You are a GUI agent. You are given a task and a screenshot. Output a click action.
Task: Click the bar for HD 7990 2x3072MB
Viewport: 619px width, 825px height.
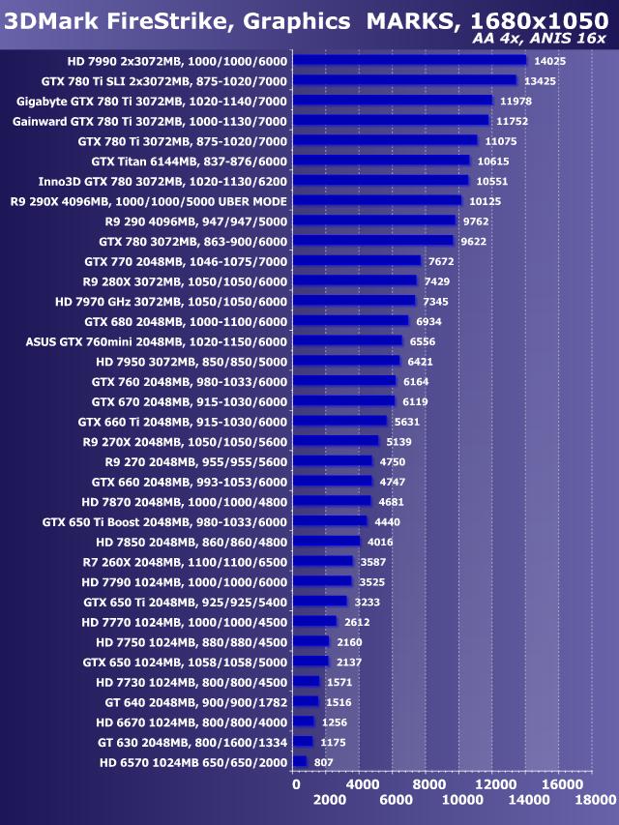[408, 60]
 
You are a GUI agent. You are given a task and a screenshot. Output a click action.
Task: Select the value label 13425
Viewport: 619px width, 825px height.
[539, 81]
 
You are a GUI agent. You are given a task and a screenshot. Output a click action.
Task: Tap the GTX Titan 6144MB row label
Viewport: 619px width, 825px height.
[189, 161]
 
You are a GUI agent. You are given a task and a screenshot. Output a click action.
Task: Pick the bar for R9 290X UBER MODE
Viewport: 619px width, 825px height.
[376, 200]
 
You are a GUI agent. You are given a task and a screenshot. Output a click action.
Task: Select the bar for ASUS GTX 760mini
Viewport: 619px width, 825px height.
[346, 340]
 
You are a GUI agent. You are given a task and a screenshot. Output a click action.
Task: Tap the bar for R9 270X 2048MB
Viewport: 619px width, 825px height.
[335, 441]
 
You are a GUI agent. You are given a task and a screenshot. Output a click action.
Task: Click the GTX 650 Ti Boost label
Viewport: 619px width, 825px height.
[164, 521]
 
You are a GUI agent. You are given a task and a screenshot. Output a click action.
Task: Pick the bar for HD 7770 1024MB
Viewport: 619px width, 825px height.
[314, 621]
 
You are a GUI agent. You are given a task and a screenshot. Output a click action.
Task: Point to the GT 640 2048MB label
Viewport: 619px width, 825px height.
[195, 701]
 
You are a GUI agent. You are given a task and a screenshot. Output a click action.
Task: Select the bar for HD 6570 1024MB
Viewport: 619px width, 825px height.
[299, 762]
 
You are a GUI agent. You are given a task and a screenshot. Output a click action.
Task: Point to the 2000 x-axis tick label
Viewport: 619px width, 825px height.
[329, 801]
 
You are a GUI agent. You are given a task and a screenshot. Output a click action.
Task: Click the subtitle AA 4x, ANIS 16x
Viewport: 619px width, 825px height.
[539, 39]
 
